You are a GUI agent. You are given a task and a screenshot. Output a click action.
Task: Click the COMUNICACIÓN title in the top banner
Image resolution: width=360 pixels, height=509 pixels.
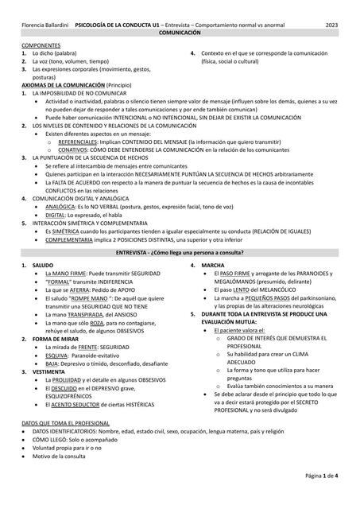click(x=180, y=37)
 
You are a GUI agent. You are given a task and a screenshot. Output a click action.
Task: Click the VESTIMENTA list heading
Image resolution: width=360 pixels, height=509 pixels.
click(x=49, y=371)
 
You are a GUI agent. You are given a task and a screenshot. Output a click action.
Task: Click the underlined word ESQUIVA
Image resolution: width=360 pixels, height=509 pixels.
click(x=57, y=355)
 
